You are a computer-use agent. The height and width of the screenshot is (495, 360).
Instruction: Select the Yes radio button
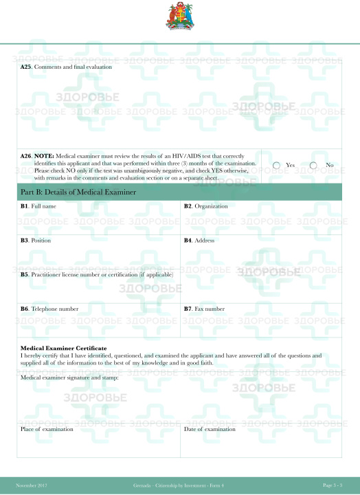[276, 165]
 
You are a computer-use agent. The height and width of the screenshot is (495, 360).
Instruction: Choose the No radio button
[314, 165]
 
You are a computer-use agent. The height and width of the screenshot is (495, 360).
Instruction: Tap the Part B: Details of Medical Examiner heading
[78, 192]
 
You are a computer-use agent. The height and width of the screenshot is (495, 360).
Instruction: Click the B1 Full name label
[38, 206]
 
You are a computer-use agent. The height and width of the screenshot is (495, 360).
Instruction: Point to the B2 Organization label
[205, 206]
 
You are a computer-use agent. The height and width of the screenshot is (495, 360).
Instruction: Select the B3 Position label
[36, 241]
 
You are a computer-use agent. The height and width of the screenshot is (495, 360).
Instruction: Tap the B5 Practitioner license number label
[97, 274]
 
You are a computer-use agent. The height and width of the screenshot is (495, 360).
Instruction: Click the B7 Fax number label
[204, 309]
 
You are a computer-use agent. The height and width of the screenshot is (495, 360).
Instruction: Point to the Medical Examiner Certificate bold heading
[63, 349]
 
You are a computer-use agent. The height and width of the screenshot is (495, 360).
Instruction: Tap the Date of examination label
[210, 429]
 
